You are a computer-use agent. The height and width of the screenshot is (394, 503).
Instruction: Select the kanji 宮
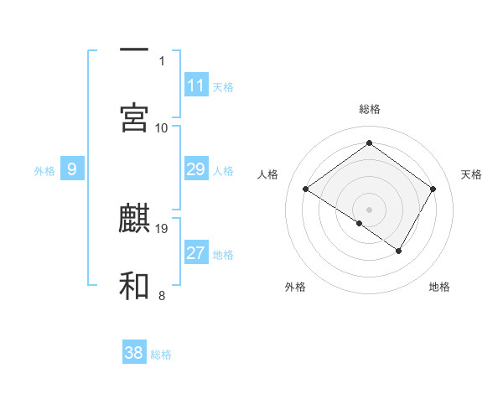click(134, 118)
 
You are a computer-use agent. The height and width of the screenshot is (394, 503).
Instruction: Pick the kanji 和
click(134, 285)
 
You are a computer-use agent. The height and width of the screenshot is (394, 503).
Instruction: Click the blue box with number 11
click(196, 86)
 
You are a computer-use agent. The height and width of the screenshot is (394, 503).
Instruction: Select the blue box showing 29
click(196, 169)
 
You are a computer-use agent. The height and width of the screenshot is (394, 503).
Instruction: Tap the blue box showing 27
click(196, 253)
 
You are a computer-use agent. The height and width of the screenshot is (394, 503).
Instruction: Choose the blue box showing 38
click(134, 353)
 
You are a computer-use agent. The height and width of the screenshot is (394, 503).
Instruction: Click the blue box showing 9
click(72, 169)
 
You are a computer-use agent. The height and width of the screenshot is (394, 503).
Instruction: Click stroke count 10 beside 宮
click(162, 127)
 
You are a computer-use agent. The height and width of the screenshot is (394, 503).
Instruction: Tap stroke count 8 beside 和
click(162, 295)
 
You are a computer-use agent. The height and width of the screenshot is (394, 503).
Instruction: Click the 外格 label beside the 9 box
click(44, 171)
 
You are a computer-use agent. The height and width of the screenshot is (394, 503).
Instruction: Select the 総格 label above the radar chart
click(370, 109)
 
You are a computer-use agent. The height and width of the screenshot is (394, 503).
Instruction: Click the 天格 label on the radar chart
click(471, 174)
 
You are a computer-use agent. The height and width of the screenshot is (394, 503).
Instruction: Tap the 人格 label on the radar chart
click(268, 174)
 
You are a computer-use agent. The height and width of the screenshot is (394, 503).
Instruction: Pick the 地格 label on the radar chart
click(439, 287)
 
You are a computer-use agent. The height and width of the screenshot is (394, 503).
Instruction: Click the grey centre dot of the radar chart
click(370, 209)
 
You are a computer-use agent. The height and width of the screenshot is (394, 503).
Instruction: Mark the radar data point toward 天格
click(433, 189)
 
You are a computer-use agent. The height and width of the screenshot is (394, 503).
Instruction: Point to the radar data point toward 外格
click(360, 223)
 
